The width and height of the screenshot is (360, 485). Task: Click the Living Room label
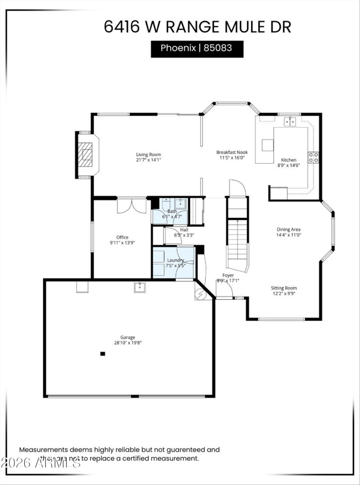[148, 155]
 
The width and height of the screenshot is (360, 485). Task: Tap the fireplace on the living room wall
[85, 155]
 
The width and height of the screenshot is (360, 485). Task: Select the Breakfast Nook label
[232, 152]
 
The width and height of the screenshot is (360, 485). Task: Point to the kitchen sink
[290, 121]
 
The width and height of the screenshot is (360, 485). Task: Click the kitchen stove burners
[313, 157]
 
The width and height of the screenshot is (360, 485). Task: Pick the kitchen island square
[267, 145]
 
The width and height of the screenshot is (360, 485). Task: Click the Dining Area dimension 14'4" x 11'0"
[288, 235]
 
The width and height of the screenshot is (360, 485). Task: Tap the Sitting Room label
[283, 288]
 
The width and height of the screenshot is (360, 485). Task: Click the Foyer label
[228, 275]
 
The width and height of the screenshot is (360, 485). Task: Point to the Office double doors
[131, 206]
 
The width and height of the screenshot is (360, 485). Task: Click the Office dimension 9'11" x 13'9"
[122, 243]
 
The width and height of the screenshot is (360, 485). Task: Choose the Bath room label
[172, 211]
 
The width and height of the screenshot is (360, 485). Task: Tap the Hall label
[184, 229]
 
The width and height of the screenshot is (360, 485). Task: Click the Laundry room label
[175, 260]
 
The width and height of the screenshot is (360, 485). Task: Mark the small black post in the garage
[103, 354]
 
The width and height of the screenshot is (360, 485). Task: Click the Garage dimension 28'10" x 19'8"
[128, 343]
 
